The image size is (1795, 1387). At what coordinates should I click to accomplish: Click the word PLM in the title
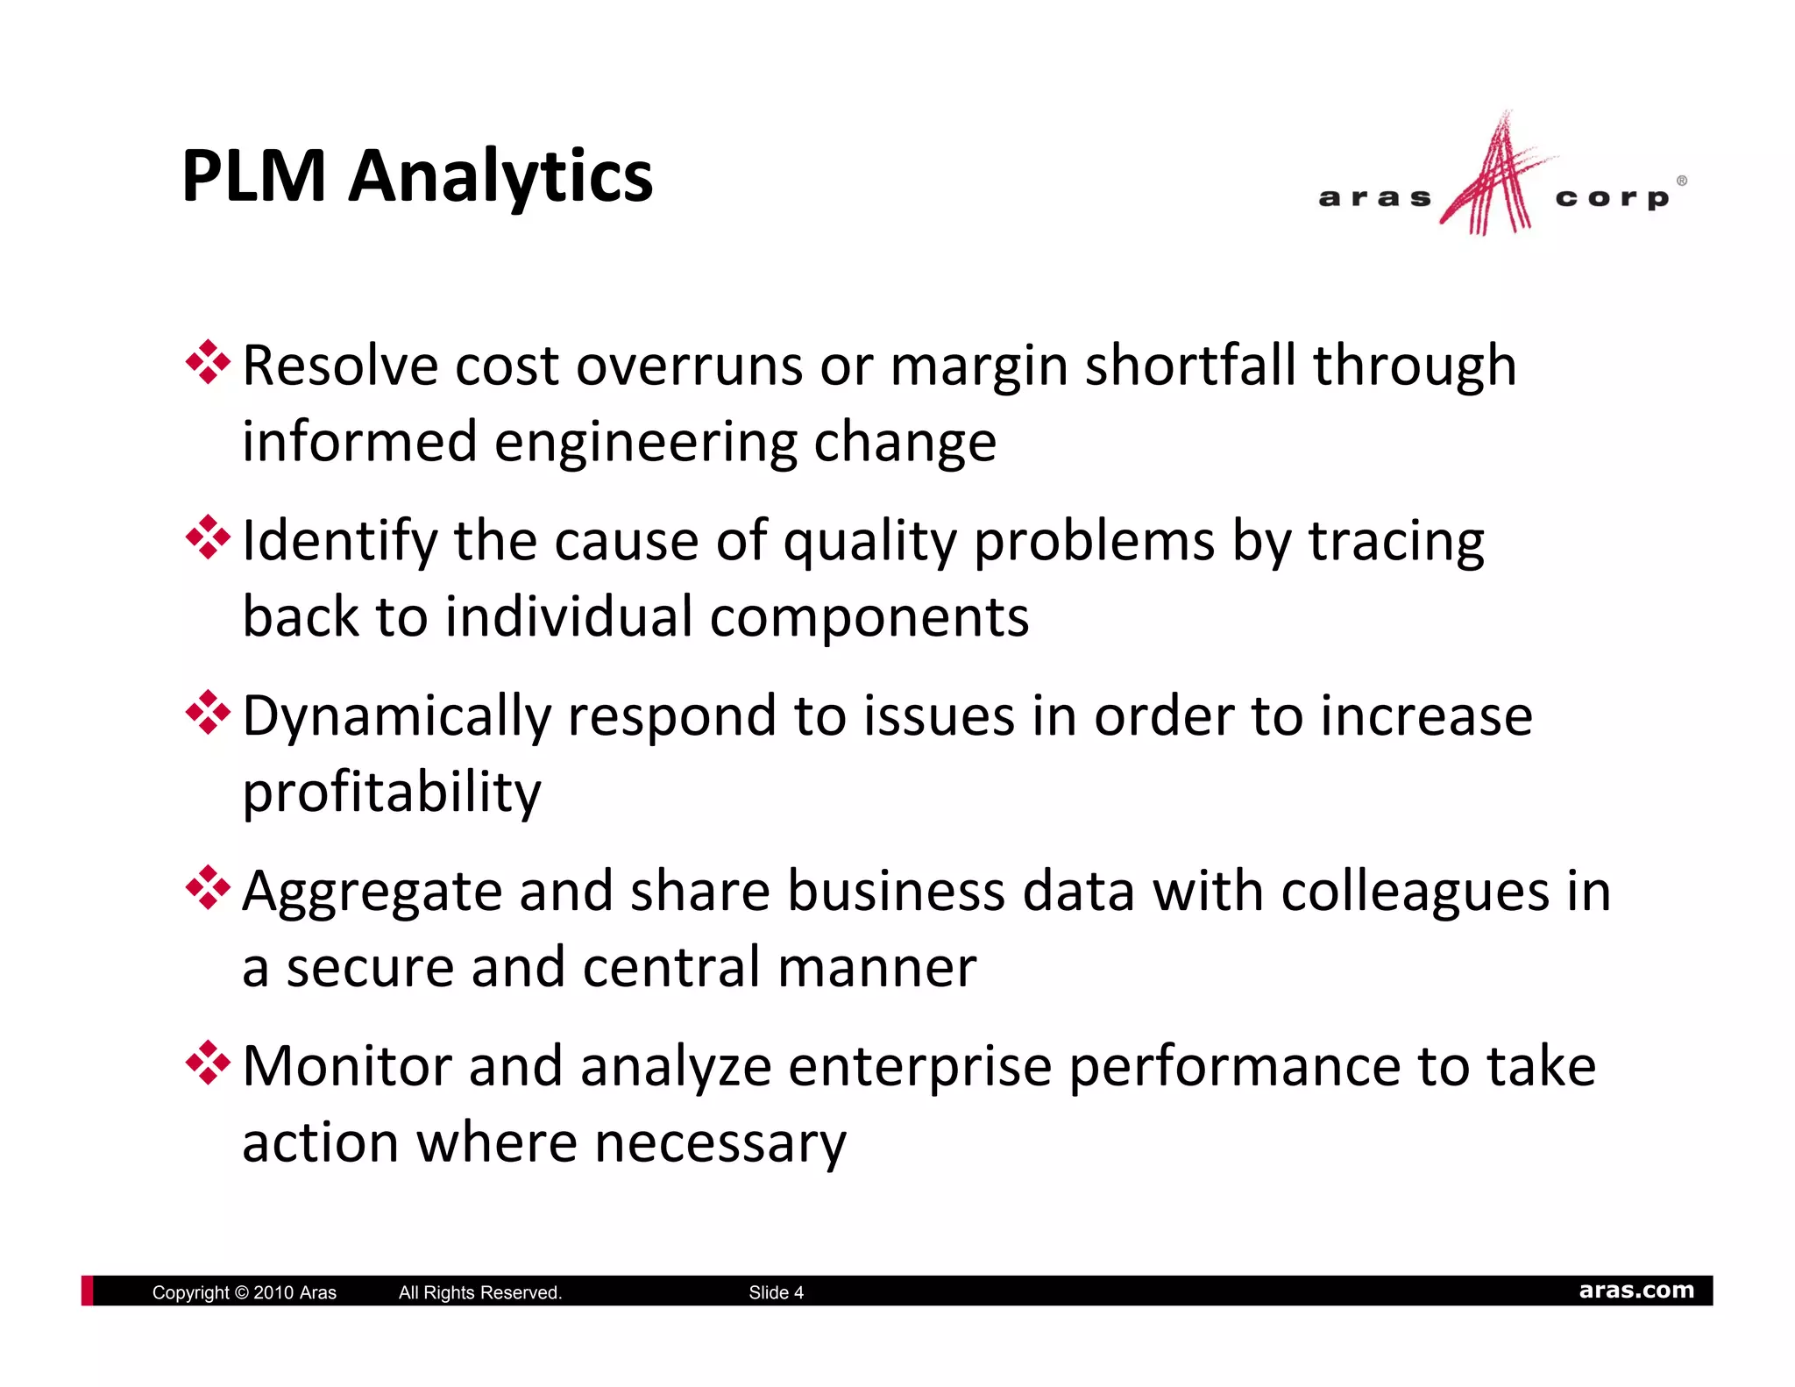click(x=253, y=176)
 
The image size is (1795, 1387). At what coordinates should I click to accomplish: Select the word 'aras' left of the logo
click(x=1374, y=198)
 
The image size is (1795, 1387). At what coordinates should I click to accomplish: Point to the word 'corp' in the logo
click(x=1612, y=199)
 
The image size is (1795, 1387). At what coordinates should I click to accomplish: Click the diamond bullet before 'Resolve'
click(x=208, y=362)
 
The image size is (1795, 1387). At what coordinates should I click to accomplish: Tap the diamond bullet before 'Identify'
click(x=208, y=537)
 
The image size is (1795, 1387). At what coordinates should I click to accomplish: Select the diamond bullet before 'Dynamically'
click(x=208, y=713)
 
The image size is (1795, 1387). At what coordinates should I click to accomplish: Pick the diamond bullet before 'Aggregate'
click(x=208, y=888)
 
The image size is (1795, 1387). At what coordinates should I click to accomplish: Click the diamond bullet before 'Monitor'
click(x=208, y=1063)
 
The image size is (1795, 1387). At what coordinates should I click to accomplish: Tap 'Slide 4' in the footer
click(x=776, y=1292)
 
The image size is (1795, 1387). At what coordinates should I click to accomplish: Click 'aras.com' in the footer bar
click(x=1636, y=1291)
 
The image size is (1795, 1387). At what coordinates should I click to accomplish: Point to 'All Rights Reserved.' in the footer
click(x=480, y=1292)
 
